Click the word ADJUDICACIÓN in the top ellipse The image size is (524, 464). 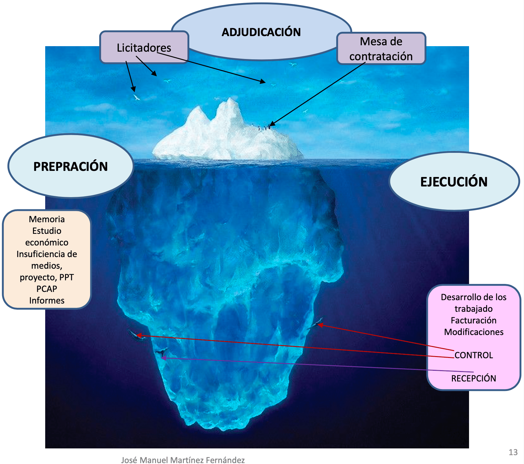(x=261, y=32)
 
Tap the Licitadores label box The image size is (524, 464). (x=144, y=47)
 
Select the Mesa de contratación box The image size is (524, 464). (x=381, y=49)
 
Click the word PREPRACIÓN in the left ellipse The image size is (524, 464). (x=71, y=167)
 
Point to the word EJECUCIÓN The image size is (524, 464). (x=454, y=182)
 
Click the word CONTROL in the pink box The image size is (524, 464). (x=474, y=355)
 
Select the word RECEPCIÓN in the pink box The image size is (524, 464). (x=474, y=378)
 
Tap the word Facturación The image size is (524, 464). (x=474, y=320)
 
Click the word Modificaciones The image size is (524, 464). (x=474, y=332)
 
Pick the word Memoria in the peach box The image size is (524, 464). (x=47, y=219)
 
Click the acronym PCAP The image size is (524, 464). (x=47, y=289)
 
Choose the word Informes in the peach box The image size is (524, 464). (x=47, y=300)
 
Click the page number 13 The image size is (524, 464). (x=513, y=452)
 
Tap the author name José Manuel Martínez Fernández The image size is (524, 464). (x=183, y=460)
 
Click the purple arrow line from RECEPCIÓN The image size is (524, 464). (x=305, y=364)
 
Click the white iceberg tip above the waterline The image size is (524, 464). (x=226, y=134)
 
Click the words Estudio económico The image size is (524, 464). (x=47, y=237)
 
